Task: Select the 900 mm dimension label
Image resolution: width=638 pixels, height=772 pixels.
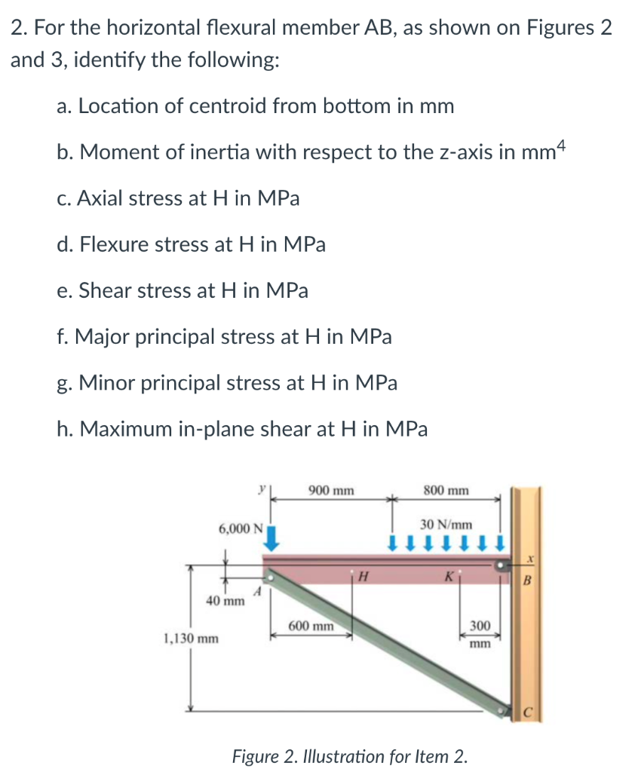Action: (331, 491)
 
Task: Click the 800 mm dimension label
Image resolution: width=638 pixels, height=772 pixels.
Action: (446, 491)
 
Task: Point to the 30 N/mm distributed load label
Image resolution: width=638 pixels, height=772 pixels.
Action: (446, 523)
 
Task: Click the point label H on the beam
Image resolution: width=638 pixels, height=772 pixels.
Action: (363, 578)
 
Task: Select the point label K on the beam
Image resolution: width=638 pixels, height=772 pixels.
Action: (449, 577)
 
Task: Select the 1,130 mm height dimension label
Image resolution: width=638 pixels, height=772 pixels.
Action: (192, 639)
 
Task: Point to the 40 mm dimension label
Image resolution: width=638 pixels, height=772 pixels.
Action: (225, 601)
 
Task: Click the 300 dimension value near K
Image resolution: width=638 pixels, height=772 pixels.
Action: (480, 626)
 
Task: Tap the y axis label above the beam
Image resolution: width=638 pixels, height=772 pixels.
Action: (261, 488)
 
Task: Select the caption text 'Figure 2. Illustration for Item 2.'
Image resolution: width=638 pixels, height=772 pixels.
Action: (349, 755)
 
